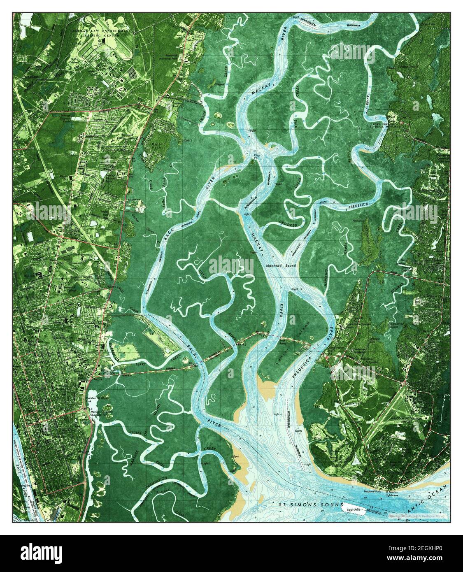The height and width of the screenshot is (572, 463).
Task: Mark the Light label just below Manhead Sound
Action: click(294, 289)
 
